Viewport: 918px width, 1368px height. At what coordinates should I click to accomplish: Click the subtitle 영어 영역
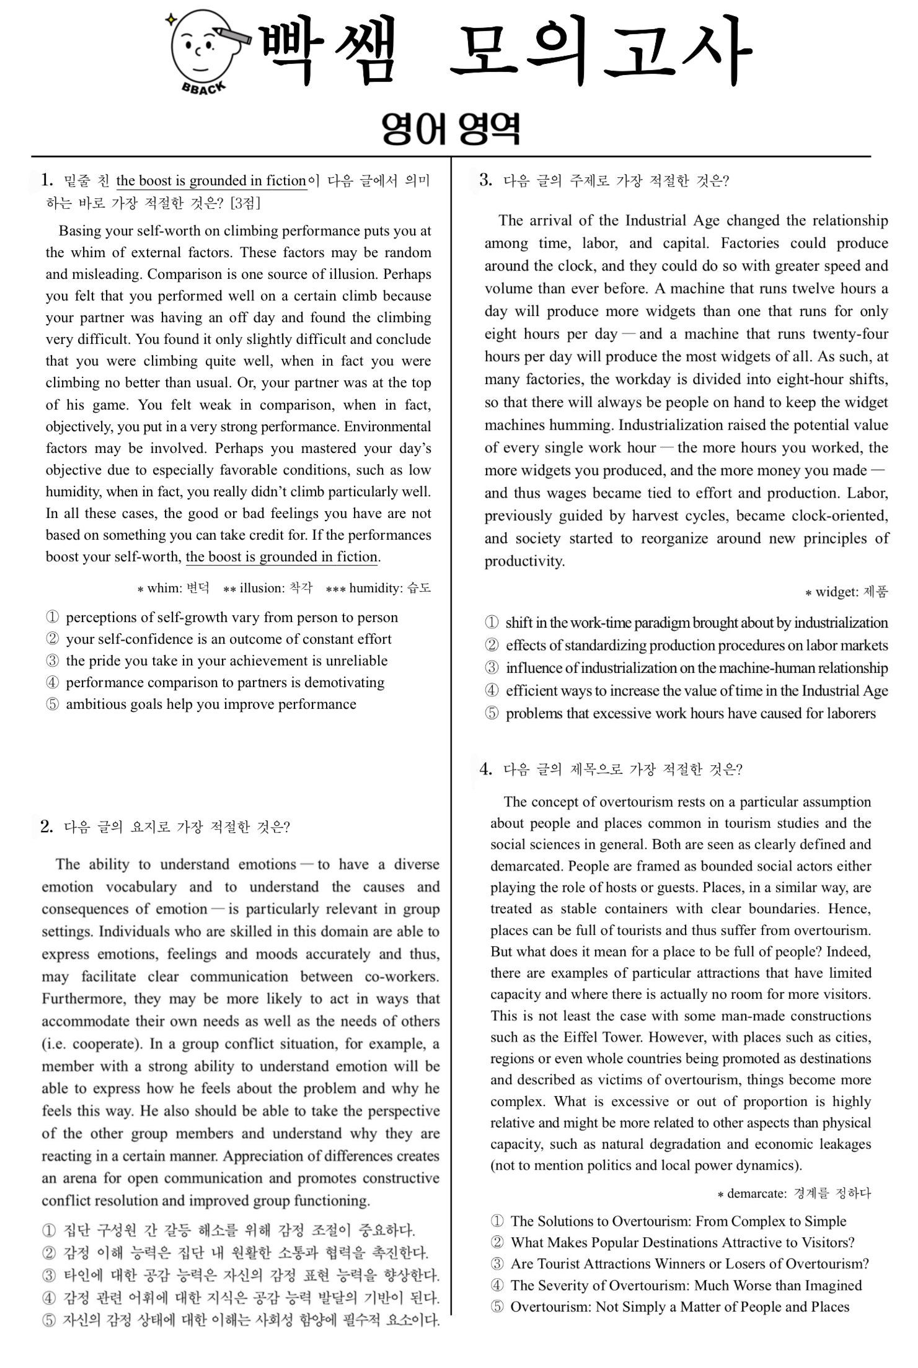451,129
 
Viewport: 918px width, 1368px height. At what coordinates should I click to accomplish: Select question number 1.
47,180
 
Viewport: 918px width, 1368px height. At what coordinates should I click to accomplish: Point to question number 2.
46,826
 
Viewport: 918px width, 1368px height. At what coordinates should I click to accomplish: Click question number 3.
486,180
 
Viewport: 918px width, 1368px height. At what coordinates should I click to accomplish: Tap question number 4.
486,769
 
